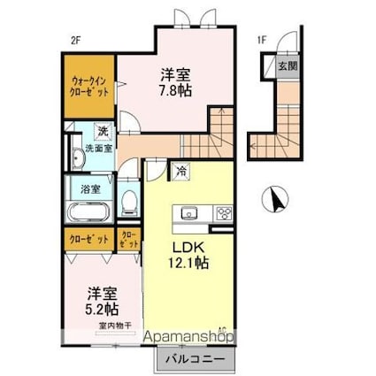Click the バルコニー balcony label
click(x=197, y=360)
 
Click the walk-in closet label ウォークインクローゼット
click(x=89, y=93)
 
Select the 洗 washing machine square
click(x=104, y=132)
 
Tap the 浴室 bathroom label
click(x=91, y=188)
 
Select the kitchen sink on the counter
click(x=188, y=213)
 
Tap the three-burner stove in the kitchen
click(x=221, y=213)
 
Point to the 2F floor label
click(x=76, y=40)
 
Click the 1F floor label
click(x=262, y=40)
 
